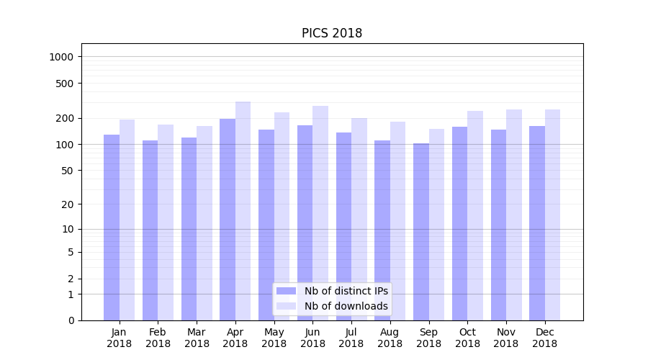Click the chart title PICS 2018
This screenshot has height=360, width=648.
coord(331,33)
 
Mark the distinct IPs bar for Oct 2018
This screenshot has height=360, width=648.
coord(459,223)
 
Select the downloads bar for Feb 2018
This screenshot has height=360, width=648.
coord(166,222)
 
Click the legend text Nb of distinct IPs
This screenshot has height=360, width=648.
coord(346,291)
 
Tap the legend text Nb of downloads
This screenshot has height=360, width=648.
coord(346,306)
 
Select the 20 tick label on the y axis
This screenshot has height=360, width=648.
coord(68,204)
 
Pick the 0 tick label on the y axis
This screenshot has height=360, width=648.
coord(71,320)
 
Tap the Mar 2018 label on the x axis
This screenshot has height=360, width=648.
coord(197,338)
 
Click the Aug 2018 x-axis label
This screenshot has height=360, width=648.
coord(390,338)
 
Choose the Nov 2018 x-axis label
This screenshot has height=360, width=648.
coord(505,338)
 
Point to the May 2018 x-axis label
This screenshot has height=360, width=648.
coord(274,338)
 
